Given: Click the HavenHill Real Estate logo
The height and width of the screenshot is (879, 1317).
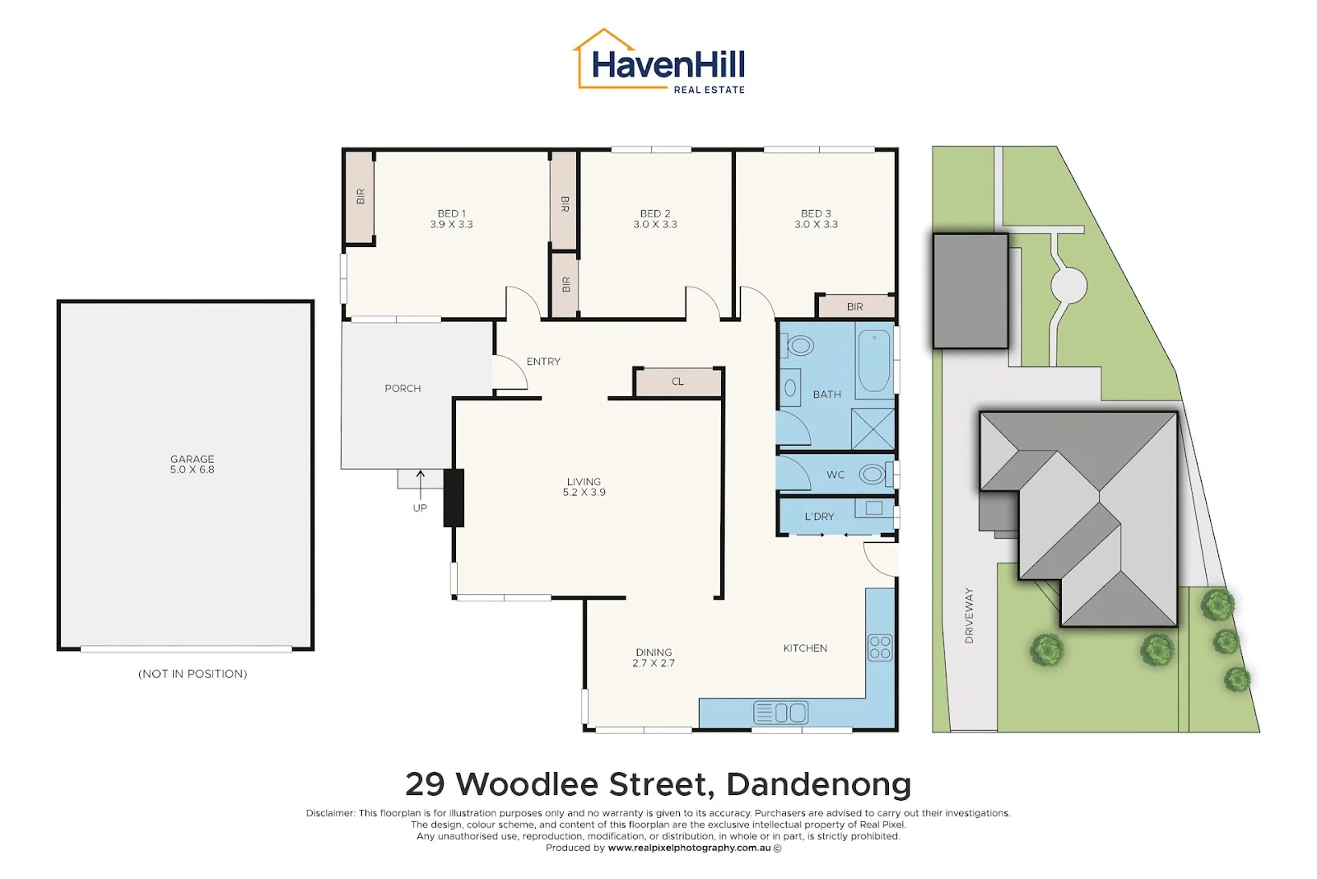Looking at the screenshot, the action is pos(659,61).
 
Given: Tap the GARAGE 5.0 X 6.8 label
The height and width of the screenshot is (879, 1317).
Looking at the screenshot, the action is pos(193,464).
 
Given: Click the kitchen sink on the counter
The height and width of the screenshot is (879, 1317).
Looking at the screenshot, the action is pos(781,713).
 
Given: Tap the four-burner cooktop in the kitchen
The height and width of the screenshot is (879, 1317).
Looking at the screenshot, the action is pos(880,648).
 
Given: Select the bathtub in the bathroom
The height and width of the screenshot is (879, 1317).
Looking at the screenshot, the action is pos(874,360).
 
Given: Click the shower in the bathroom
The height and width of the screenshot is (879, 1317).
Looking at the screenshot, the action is pos(873,429).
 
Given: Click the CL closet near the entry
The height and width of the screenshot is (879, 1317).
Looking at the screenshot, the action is pos(678,382).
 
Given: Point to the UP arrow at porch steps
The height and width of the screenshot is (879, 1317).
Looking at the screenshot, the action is pos(421,485).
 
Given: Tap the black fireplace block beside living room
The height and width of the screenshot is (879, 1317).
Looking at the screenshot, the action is pos(454,498).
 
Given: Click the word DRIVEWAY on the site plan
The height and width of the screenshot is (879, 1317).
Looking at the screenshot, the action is pos(970,615).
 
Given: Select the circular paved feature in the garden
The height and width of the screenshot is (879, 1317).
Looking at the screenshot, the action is pos(1069,285).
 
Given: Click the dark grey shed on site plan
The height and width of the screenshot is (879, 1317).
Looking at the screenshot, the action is pos(970,292).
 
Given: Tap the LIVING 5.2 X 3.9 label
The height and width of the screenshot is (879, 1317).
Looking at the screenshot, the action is pos(584,487).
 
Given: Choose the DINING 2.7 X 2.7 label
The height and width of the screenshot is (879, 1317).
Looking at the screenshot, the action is pos(654,657).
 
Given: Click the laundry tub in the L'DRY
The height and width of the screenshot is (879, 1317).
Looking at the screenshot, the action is pos(873,507).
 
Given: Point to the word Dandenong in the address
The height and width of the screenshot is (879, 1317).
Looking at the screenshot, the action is pos(818,783).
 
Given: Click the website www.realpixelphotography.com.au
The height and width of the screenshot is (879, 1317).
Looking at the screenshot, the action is pos(689,848).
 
